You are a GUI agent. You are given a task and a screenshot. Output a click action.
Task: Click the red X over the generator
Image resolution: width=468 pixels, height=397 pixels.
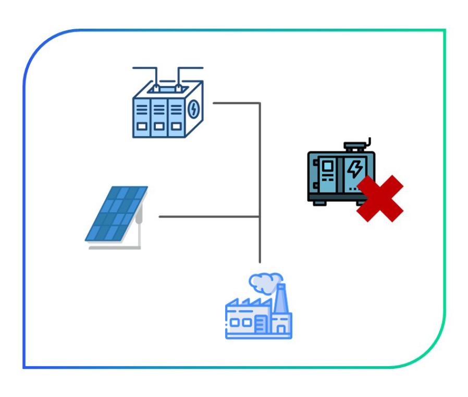(x=380, y=198)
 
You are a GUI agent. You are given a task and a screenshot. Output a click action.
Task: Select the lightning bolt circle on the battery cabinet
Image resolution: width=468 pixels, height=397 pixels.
(x=193, y=110)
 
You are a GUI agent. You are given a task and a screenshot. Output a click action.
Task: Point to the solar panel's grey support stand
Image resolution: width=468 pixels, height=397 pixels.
(x=139, y=230)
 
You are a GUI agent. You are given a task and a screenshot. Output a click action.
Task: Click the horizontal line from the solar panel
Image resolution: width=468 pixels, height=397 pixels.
(x=208, y=216)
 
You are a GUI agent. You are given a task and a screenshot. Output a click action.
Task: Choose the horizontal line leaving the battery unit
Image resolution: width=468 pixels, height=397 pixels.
(x=235, y=103)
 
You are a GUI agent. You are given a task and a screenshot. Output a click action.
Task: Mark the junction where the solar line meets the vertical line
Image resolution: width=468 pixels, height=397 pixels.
(x=259, y=216)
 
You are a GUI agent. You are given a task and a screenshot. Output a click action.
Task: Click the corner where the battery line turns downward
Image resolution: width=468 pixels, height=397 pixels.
(x=259, y=103)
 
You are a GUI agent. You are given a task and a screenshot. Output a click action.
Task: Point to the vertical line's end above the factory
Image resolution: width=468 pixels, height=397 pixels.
(x=259, y=261)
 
